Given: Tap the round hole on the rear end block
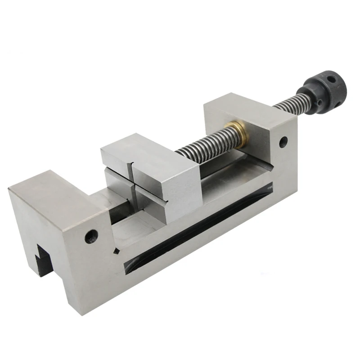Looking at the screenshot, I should pyautogui.click(x=283, y=142).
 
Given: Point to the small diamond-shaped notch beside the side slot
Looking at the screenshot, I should pyautogui.click(x=116, y=251).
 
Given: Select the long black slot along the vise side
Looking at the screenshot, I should pyautogui.click(x=198, y=225).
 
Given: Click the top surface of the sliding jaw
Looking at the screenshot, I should pyautogui.click(x=144, y=151).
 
